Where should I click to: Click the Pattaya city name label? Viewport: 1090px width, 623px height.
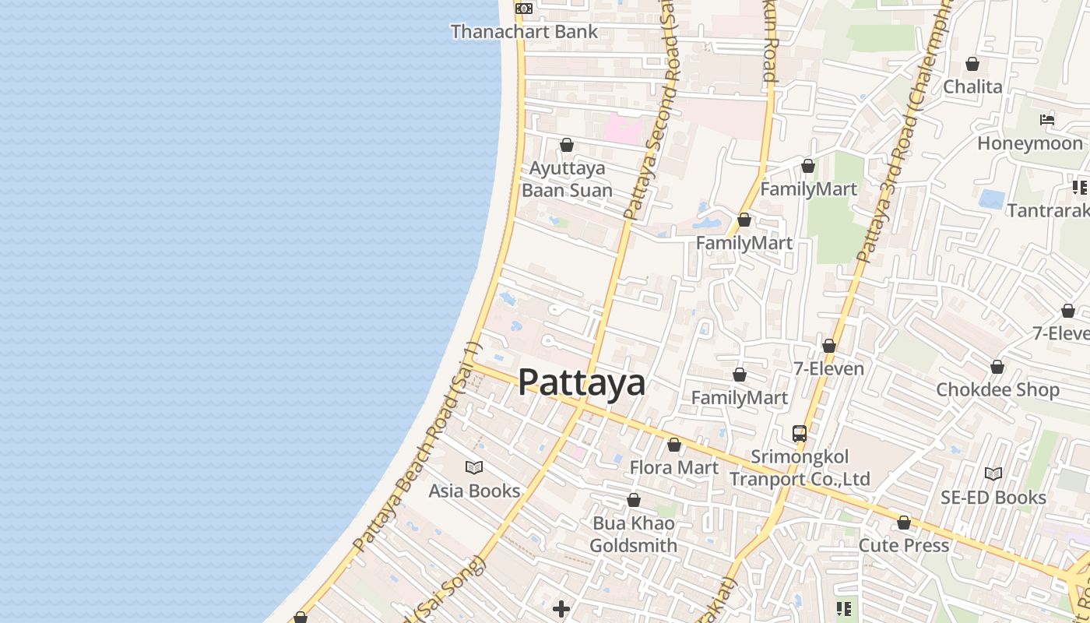click(582, 382)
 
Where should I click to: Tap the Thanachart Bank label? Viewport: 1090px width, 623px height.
click(524, 32)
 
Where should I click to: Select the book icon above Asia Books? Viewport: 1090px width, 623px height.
click(474, 467)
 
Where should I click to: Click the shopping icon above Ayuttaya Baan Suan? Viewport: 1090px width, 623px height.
click(567, 145)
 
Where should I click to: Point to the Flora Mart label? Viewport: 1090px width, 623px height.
click(674, 467)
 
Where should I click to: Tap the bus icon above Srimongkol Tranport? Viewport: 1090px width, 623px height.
click(800, 434)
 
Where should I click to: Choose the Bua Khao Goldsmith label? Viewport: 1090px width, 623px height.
click(633, 534)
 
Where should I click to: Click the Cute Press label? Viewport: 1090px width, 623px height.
click(904, 545)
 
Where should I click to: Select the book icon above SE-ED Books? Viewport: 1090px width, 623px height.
click(993, 473)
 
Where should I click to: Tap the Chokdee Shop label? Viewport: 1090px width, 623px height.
click(997, 389)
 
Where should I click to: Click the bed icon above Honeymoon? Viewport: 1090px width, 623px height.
click(1047, 120)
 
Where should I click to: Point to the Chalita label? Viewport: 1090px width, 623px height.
click(972, 86)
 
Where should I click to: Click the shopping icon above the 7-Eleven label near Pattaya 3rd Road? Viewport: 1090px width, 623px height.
click(829, 346)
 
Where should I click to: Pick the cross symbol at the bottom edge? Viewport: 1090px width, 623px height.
click(561, 608)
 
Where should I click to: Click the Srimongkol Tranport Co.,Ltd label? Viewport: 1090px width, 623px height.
click(800, 468)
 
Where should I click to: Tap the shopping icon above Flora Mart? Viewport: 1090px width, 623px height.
click(674, 445)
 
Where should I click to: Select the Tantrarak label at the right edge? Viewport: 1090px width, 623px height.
click(1048, 210)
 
